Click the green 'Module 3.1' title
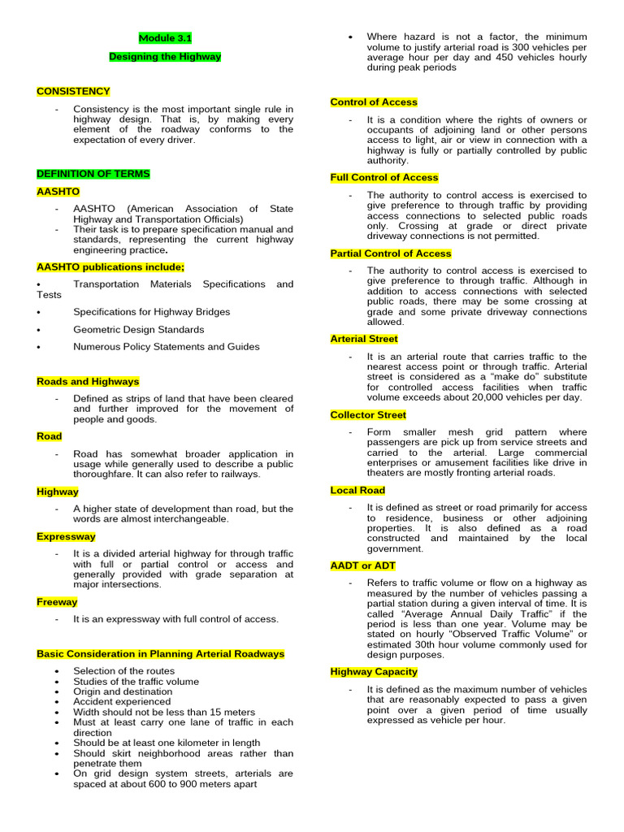[x=165, y=38]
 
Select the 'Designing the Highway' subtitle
[x=165, y=57]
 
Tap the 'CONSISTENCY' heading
[x=73, y=92]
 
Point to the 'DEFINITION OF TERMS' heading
[x=93, y=174]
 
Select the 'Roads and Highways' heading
[x=88, y=381]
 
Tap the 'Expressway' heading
[x=66, y=536]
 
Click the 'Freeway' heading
[x=57, y=602]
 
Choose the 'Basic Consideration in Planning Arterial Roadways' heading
[x=161, y=653]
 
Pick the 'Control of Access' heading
[x=374, y=102]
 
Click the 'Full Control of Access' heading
[x=384, y=177]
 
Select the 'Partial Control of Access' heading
[x=391, y=253]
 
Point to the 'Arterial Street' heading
[x=364, y=339]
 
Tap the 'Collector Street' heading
[x=368, y=414]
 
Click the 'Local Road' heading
[x=357, y=490]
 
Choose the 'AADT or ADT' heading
[x=362, y=565]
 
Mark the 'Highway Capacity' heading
[x=374, y=671]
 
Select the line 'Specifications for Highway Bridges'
[x=151, y=312]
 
